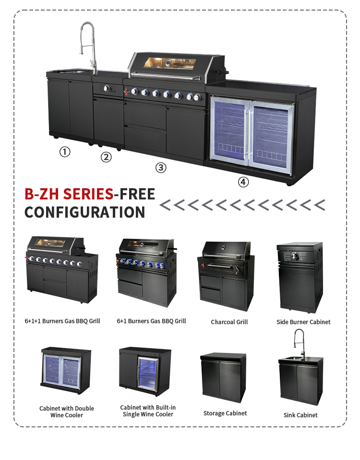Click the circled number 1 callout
pos(65,152)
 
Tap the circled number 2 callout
pos(106,157)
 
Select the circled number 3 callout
pos(161,168)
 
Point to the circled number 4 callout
pos(243,182)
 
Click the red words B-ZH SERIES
pos(69,194)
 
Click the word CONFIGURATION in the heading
pos(85,212)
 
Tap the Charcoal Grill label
pos(229,322)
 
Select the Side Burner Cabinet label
pos(303,322)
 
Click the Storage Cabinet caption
pos(225,413)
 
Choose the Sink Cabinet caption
pos(300,415)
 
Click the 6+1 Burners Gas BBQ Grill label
pos(151,321)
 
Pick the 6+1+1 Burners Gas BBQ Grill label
pos(62,321)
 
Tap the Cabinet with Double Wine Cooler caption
pos(67,412)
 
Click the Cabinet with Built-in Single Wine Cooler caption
pos(148,411)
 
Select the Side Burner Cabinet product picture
pos(300,277)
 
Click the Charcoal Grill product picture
pos(226,276)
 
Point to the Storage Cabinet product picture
pos(223,377)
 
